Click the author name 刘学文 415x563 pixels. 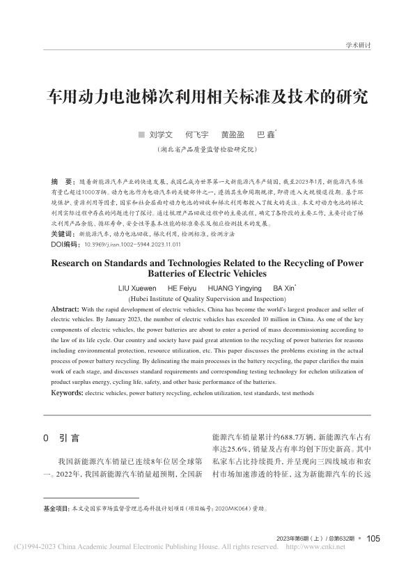click(161, 133)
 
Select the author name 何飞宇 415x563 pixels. click(196, 133)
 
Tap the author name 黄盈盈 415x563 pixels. click(233, 133)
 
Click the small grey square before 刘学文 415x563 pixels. click(141, 133)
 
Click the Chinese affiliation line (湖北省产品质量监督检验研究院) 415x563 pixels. click(207, 148)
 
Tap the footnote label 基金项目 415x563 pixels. click(56, 509)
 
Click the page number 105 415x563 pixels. click(373, 538)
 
